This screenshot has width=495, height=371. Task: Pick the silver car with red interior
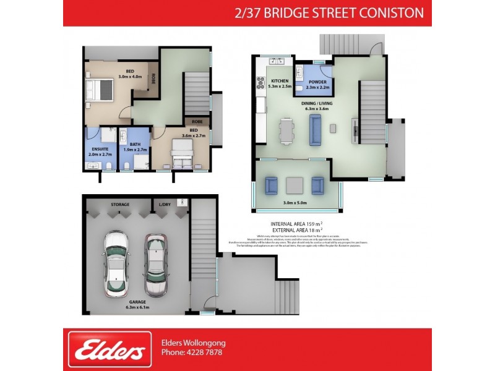click(x=156, y=265)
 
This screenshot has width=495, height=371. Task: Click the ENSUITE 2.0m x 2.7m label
click(x=98, y=151)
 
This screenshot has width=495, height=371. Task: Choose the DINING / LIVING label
click(x=317, y=106)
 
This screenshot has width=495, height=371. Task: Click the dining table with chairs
click(x=286, y=130)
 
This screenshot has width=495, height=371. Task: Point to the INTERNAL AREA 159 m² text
click(x=297, y=223)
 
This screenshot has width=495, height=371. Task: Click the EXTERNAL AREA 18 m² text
click(x=297, y=230)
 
